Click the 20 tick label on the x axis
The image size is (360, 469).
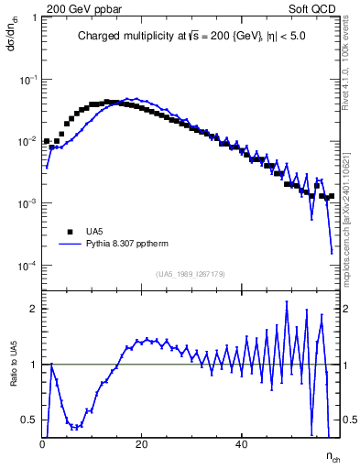click(142, 444)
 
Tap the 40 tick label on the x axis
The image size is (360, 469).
click(241, 444)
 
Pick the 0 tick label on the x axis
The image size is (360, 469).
click(43, 444)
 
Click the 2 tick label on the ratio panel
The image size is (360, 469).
click(34, 309)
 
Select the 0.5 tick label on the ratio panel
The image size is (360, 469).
click(30, 420)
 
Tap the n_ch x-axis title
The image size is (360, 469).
click(333, 455)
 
